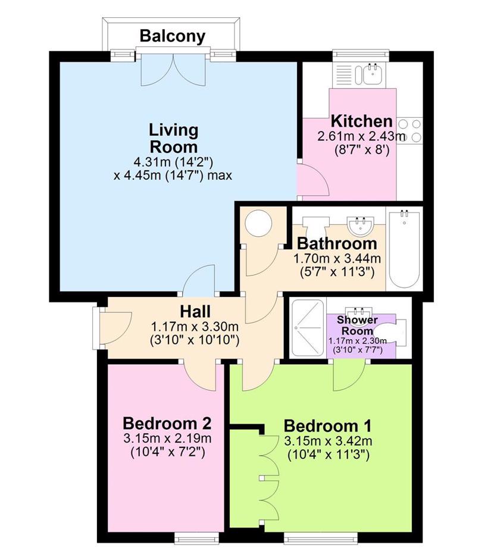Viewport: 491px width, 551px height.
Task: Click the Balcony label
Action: [172, 36]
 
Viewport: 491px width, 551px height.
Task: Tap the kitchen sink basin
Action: [372, 74]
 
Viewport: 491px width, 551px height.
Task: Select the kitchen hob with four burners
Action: [409, 130]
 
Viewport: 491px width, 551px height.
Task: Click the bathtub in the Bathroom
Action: [404, 249]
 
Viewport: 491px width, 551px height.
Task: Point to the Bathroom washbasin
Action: [359, 225]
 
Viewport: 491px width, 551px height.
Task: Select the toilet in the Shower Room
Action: [390, 331]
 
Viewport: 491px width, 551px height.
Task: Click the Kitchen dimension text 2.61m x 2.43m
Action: [361, 136]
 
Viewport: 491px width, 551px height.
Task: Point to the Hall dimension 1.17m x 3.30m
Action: [195, 327]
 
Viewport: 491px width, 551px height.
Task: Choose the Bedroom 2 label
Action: [167, 424]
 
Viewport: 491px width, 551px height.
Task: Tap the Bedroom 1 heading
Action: [327, 426]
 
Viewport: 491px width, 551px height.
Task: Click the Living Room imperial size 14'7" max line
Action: [173, 175]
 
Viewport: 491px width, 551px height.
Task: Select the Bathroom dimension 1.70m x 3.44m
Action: [337, 259]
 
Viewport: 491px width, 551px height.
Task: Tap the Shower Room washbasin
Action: [358, 312]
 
